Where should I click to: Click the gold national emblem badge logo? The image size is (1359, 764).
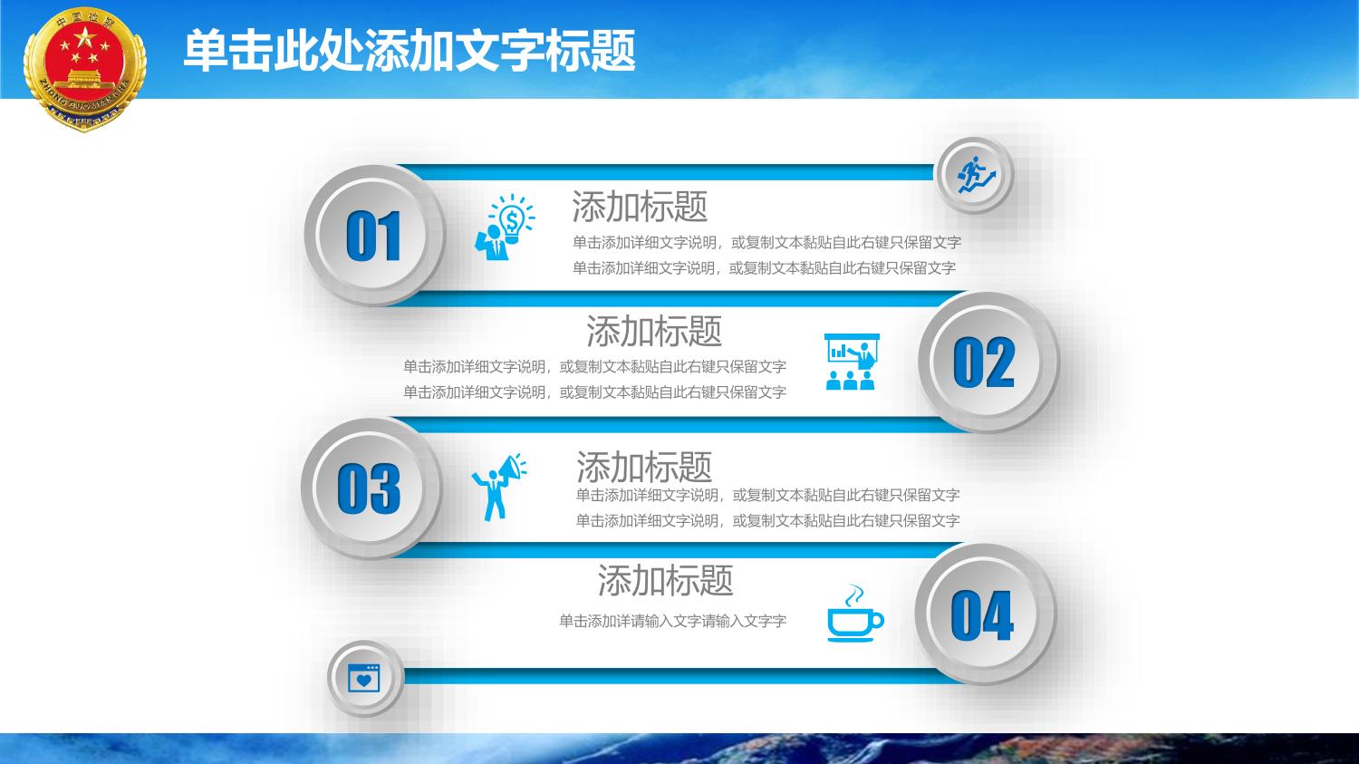click(x=84, y=69)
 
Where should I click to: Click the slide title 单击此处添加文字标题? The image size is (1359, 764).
click(x=410, y=51)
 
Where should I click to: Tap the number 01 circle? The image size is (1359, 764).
click(x=375, y=235)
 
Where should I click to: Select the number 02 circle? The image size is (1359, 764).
click(x=988, y=362)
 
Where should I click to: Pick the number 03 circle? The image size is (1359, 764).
click(x=371, y=488)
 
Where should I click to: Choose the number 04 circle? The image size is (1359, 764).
click(x=986, y=614)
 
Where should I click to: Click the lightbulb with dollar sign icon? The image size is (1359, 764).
click(x=505, y=227)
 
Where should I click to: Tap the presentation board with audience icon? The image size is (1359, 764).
click(x=852, y=362)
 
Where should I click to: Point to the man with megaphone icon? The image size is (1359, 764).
click(x=499, y=487)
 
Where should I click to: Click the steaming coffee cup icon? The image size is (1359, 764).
click(x=855, y=614)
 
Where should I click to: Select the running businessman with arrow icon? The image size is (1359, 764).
click(x=976, y=175)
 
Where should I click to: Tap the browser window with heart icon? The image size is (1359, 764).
click(x=364, y=678)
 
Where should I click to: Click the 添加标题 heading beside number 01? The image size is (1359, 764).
click(x=640, y=207)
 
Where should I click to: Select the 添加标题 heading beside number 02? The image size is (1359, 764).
click(x=654, y=332)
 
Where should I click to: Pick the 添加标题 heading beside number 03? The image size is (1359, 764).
click(x=643, y=467)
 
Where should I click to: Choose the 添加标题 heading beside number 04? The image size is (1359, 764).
click(x=666, y=580)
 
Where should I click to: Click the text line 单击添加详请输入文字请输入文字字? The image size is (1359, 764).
click(x=673, y=621)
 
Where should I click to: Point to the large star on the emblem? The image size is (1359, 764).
click(x=84, y=38)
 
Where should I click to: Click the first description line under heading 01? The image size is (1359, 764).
click(x=766, y=243)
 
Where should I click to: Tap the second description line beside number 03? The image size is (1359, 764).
click(x=767, y=520)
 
